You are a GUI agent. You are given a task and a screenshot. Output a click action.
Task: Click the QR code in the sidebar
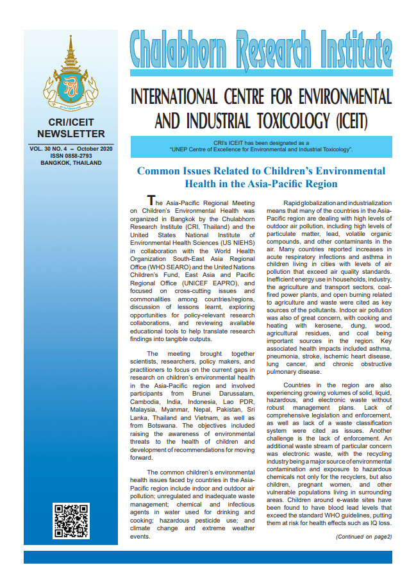[x=71, y=521]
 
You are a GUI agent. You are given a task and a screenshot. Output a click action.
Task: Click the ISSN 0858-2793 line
[x=71, y=156]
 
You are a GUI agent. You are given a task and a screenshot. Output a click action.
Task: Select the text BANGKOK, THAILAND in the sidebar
[x=71, y=164]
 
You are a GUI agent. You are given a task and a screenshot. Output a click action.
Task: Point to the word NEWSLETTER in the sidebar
[x=71, y=134]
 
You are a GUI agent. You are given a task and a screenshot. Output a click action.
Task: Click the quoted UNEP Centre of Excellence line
[x=261, y=149]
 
